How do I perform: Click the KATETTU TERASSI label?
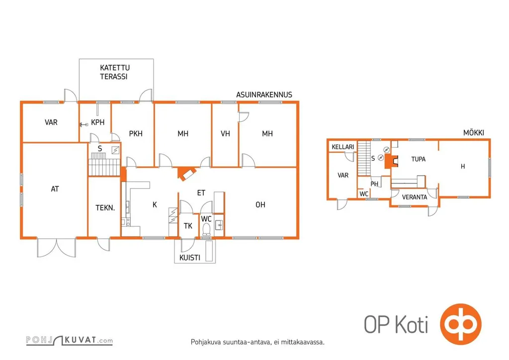point(115,72)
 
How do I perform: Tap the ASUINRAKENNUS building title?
point(264,95)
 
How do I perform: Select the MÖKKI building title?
point(473,132)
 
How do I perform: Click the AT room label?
point(55,189)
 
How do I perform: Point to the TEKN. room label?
point(105,208)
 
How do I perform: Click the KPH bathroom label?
point(98,122)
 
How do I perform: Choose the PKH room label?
point(136,133)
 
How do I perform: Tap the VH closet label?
point(225,133)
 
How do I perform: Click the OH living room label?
point(260,205)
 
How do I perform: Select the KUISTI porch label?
point(189,258)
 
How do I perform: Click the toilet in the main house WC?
point(206,229)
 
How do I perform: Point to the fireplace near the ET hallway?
point(187,174)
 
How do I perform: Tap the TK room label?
point(188,226)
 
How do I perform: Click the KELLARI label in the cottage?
point(343,147)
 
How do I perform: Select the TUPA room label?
point(418,159)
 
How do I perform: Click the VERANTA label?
point(414,197)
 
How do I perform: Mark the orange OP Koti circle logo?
point(461,324)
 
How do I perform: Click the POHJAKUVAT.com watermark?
point(70,340)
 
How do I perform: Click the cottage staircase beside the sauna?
point(364,158)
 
